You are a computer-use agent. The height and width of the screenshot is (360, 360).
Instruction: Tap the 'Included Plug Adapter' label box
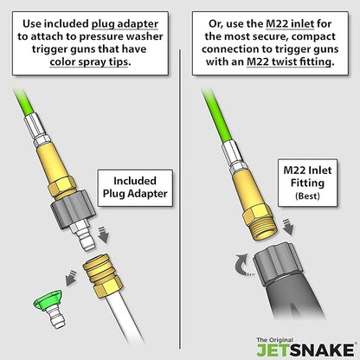point(135,188)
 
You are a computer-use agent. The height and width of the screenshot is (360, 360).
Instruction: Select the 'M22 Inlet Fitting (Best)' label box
point(307,183)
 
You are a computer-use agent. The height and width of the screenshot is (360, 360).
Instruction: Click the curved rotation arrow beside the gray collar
point(241,264)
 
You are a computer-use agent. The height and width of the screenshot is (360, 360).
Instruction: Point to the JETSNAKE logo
point(305,348)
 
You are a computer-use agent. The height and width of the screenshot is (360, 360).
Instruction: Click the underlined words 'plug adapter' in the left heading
point(125,24)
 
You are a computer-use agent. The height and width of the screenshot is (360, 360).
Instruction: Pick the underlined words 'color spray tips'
point(89,61)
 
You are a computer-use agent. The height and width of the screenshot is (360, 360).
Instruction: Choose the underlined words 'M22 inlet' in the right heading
point(290,23)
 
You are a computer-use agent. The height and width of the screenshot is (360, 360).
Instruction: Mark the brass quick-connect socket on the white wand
point(103,275)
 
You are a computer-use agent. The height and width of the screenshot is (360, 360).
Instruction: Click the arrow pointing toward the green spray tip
point(70,278)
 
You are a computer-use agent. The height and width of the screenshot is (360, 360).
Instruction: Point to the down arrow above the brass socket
point(103,235)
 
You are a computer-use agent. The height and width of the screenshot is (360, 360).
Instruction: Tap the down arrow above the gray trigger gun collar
point(287,227)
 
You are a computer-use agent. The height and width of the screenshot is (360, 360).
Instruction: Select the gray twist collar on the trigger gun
point(278,264)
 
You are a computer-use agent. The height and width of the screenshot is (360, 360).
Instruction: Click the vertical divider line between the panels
point(180,199)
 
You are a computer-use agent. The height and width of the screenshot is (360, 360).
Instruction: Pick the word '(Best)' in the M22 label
point(307,196)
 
